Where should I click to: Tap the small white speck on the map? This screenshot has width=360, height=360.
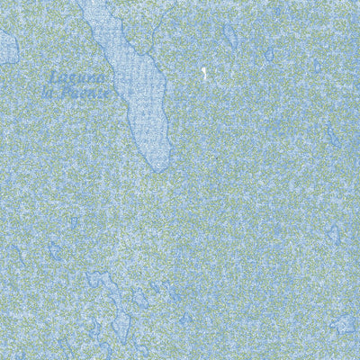(x=205, y=75)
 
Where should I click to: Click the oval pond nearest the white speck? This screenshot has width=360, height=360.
(x=230, y=36)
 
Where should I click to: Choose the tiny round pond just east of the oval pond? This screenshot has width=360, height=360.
(x=268, y=54)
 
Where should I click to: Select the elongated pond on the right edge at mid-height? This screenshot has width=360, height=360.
(x=334, y=135)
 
